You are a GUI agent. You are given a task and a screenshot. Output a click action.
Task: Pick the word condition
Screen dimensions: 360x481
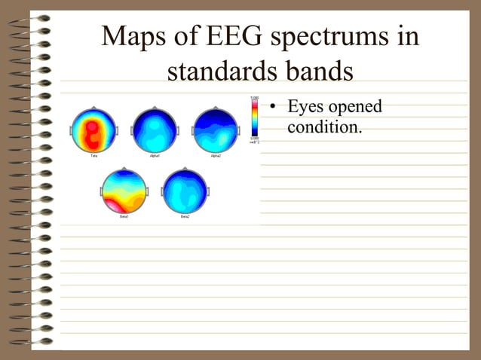[x=324, y=127]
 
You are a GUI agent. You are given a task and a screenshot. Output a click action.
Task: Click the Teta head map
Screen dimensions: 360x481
[x=93, y=130]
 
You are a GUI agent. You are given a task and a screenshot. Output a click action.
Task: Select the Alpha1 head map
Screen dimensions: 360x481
[x=155, y=130]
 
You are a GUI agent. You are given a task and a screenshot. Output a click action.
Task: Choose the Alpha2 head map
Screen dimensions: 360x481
[x=216, y=130]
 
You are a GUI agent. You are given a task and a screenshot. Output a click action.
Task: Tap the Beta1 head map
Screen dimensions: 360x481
[x=124, y=191]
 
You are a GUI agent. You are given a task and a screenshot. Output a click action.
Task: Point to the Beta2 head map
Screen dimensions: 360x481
[x=185, y=191]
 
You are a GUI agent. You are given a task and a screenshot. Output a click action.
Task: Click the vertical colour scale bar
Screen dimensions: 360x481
[x=255, y=116]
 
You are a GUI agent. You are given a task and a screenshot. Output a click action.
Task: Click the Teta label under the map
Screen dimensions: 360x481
[x=93, y=156]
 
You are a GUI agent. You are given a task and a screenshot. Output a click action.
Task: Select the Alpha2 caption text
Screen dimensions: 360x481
[x=216, y=156]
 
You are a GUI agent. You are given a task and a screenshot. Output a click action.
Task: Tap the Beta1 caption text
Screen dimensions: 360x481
[x=124, y=217]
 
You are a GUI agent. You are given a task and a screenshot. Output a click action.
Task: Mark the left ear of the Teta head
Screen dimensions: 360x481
[x=71, y=131]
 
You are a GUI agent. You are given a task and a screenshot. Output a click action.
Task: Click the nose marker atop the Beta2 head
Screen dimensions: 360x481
[x=185, y=169]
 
